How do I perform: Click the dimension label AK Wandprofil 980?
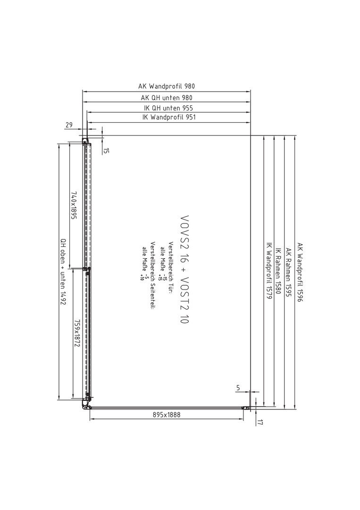click(167, 86)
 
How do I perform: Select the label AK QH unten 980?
click(167, 98)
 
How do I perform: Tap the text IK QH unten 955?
click(168, 108)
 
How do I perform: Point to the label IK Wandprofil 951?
click(169, 117)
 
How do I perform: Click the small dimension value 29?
click(69, 125)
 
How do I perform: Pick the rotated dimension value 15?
click(107, 151)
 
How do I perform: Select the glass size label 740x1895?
click(74, 205)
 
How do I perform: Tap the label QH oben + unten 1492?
click(63, 272)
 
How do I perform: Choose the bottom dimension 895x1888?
click(167, 415)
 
